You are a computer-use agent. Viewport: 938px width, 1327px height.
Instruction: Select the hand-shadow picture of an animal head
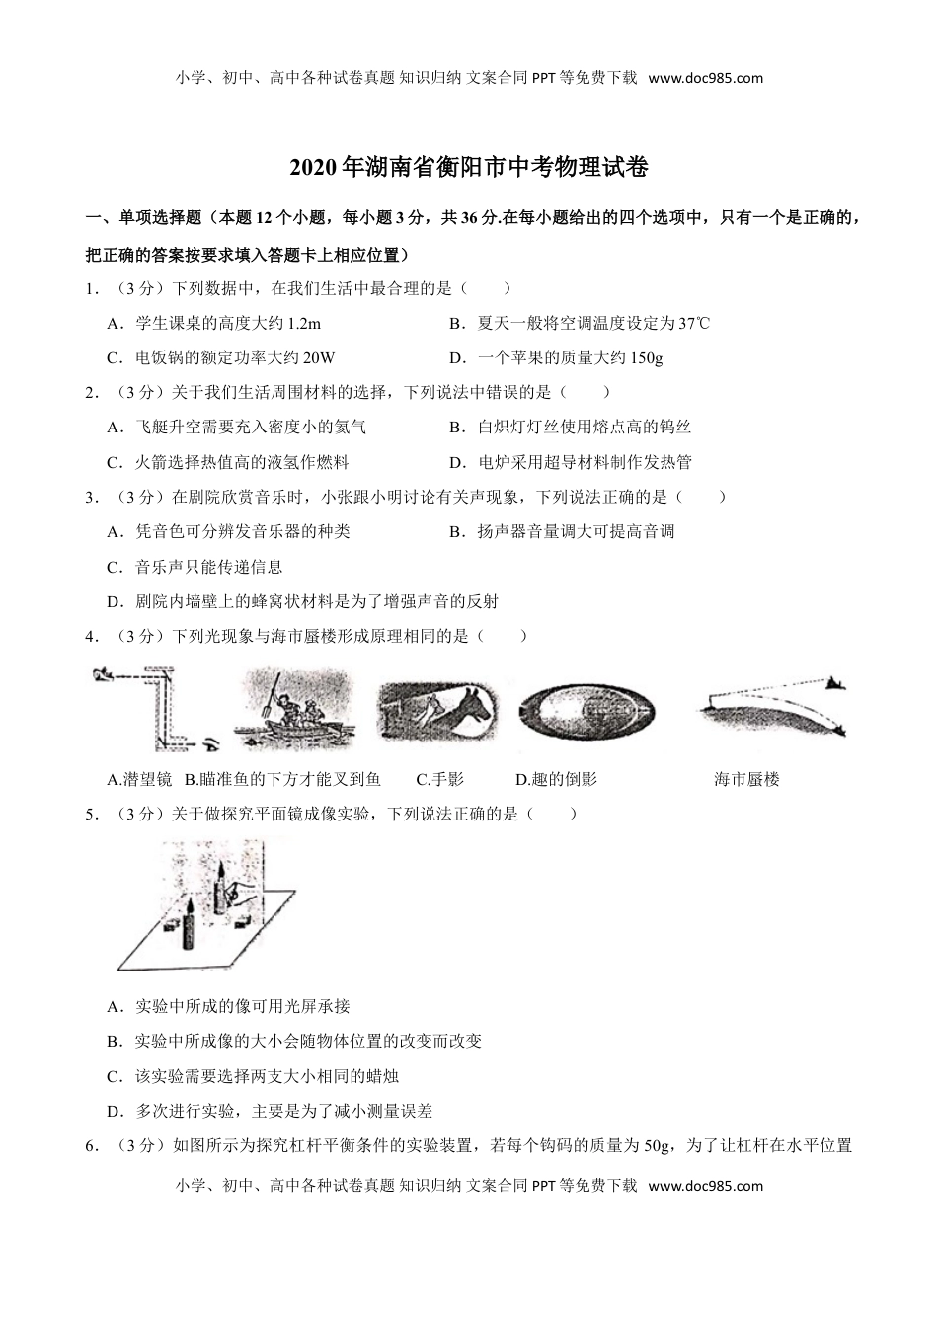[x=438, y=709]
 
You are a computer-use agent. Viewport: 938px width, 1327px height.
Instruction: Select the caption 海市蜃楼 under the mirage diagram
[x=746, y=779]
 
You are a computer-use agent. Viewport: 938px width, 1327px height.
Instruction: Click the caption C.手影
[x=439, y=779]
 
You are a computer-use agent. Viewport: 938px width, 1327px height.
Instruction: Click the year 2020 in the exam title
[x=313, y=168]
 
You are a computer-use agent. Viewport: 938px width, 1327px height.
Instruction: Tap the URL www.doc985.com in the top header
[x=705, y=78]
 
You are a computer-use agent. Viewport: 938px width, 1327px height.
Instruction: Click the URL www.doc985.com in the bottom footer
[x=705, y=1185]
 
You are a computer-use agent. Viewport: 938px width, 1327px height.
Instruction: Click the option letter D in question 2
[x=456, y=461]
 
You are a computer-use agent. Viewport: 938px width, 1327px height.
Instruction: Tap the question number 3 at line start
[x=90, y=496]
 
